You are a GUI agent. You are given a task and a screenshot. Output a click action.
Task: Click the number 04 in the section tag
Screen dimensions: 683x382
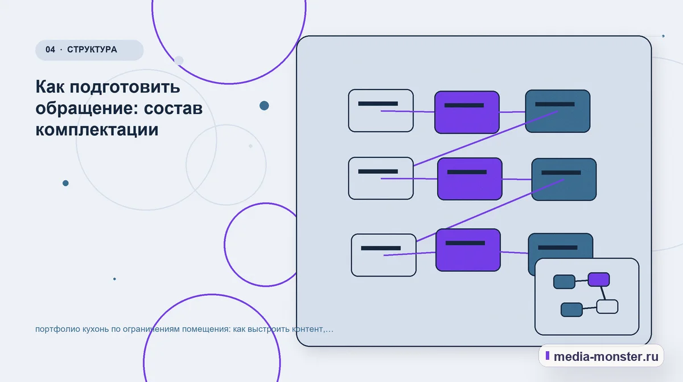point(50,50)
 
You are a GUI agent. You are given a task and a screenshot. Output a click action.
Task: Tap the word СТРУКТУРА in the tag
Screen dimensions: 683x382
point(92,50)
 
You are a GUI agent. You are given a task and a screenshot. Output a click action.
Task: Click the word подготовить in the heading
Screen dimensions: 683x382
point(125,87)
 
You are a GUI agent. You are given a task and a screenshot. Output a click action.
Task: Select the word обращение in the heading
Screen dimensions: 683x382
point(87,109)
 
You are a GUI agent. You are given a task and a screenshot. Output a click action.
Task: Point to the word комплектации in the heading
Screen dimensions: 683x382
point(97,129)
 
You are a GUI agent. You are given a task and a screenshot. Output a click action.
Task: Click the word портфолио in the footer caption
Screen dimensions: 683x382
point(57,329)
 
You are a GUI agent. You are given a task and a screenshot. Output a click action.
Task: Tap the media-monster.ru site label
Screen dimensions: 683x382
point(606,356)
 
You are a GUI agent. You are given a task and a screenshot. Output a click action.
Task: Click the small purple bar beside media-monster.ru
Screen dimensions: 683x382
point(548,355)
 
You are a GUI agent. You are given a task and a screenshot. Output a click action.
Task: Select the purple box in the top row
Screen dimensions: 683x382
point(467,112)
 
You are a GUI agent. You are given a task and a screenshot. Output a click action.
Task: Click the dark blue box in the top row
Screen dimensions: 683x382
point(557,111)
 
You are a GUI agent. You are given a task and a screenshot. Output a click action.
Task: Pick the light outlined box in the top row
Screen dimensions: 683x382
point(381,111)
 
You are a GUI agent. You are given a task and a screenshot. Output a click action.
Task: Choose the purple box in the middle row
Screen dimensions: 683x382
point(470,179)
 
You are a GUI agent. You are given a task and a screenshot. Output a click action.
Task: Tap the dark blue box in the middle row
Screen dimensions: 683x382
point(564,180)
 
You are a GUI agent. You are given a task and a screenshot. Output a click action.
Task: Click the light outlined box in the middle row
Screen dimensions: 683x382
point(381,178)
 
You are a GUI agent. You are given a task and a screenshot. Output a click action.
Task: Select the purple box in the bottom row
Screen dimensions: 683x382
point(468,250)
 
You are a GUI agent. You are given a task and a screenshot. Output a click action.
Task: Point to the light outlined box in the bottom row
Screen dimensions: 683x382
point(384,255)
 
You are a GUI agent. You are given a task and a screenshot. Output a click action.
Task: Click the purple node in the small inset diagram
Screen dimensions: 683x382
point(599,279)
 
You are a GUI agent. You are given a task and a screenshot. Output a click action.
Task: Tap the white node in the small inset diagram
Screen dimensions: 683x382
point(607,307)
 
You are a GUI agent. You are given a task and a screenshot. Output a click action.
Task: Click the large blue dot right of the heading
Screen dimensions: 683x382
point(264,105)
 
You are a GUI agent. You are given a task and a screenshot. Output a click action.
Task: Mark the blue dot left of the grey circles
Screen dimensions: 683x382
point(65,183)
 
